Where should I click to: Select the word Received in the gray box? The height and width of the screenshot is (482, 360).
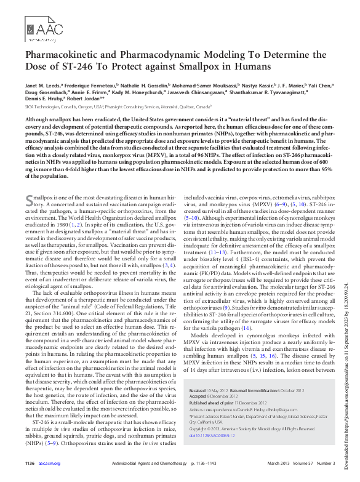198,425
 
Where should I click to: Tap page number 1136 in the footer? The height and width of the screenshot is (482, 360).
30,480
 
